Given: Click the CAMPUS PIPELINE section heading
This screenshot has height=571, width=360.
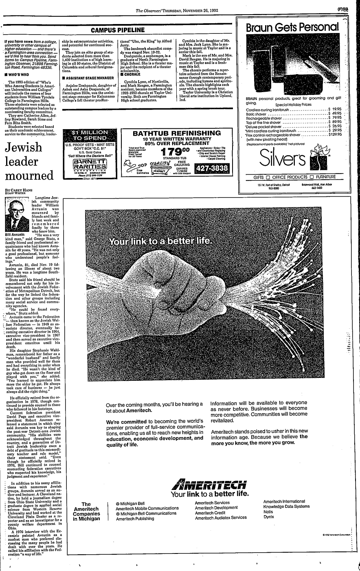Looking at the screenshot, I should tap(118, 30).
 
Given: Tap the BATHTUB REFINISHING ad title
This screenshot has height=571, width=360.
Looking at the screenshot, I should tap(176, 133).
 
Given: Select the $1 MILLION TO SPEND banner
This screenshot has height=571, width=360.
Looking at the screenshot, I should tap(89, 135).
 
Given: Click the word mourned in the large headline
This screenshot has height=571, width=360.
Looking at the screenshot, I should tap(29, 176).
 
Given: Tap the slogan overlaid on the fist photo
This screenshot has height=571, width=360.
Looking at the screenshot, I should tap(160, 242).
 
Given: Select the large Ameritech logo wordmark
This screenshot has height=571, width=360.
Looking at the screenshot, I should tap(209, 485).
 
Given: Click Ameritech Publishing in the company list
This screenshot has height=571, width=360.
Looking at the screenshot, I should tap(134, 519).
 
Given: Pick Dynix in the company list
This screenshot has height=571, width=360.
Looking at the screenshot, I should tap(268, 517).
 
